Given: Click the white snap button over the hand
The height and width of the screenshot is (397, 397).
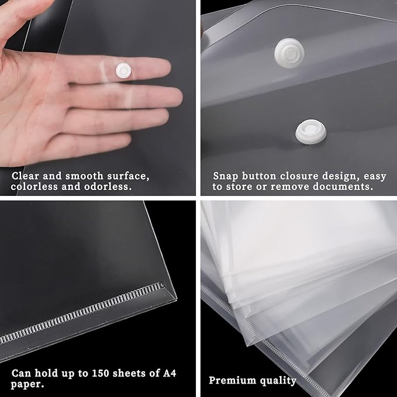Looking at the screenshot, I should coord(123,71).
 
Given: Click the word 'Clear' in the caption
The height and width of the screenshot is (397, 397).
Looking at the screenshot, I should coord(25,175).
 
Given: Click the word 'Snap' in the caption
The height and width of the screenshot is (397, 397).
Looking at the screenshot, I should coord(225,176).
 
